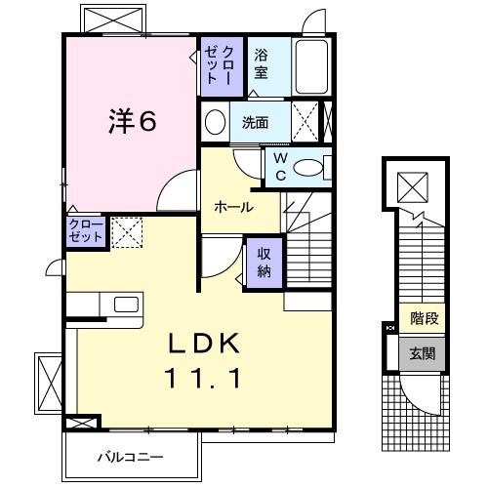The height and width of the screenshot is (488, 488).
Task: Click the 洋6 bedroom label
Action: point(132,122)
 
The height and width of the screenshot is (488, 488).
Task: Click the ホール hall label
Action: point(234,207)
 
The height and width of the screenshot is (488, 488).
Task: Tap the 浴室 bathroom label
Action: point(262,64)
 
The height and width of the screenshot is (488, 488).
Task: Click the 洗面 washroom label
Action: point(256,123)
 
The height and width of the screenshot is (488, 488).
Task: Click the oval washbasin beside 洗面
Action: point(216,122)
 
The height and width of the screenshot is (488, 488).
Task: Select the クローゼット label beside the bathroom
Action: point(216,64)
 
